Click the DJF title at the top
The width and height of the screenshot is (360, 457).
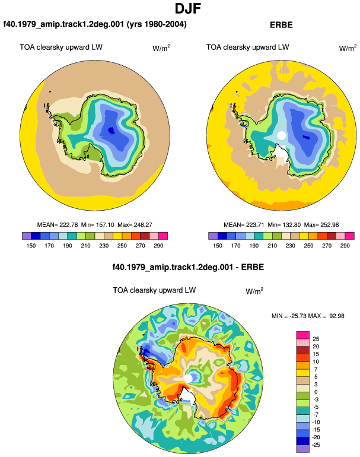[x=188, y=8]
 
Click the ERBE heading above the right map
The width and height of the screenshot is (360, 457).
[x=281, y=25]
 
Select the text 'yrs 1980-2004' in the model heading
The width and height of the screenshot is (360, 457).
[x=156, y=24]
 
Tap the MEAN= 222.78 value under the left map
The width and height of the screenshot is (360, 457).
[x=58, y=225]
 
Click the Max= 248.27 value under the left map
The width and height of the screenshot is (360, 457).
[x=135, y=225]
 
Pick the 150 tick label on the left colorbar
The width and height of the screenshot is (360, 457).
[x=31, y=246]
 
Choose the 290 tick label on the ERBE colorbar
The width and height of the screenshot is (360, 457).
[x=345, y=246]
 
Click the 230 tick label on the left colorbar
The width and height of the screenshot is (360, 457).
[x=104, y=246]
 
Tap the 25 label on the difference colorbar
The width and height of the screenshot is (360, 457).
[x=316, y=339]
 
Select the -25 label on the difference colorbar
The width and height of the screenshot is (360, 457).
[x=316, y=445]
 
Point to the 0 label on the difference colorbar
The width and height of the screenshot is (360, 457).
[x=316, y=392]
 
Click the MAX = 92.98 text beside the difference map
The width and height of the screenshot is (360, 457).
[x=326, y=316]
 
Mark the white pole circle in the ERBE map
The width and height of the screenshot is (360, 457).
[x=281, y=135]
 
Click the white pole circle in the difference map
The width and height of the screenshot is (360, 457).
[x=188, y=378]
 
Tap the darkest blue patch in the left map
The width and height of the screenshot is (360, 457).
[x=111, y=131]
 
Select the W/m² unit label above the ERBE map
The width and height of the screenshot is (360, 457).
[x=348, y=48]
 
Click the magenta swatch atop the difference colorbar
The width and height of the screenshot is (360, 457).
[x=303, y=335]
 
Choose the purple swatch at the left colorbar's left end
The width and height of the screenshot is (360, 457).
[x=27, y=236]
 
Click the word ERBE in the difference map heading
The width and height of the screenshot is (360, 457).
[x=253, y=267]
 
